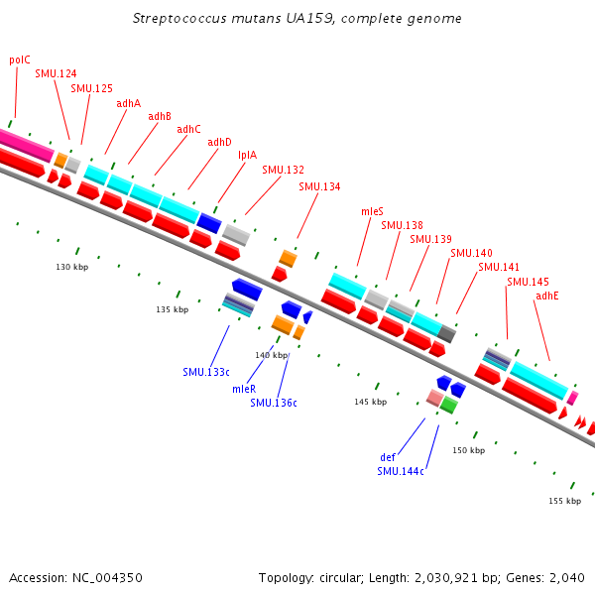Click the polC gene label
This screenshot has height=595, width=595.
(20, 59)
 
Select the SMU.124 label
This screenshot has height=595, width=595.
(56, 73)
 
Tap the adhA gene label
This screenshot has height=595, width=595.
(128, 103)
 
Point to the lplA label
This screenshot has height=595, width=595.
(247, 155)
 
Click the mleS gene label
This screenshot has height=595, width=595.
(372, 211)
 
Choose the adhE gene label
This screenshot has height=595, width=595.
(547, 296)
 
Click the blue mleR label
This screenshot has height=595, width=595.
(244, 389)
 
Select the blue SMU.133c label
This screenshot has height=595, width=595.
(206, 372)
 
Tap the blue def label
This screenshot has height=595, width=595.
(388, 457)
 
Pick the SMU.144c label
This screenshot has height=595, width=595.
(401, 471)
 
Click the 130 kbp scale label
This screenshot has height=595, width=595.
(71, 267)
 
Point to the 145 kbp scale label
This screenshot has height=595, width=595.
(369, 402)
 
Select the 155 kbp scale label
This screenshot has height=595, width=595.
(564, 501)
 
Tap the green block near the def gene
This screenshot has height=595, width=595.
(449, 405)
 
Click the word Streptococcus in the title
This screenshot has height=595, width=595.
(174, 19)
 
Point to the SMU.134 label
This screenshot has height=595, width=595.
(319, 186)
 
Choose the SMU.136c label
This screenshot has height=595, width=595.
(274, 403)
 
